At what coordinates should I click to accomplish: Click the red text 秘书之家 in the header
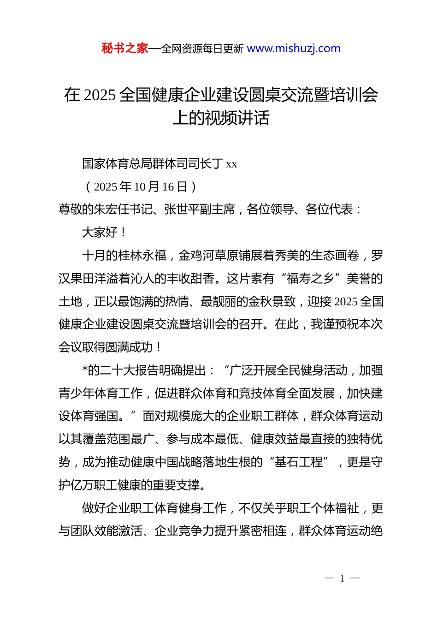click(x=125, y=48)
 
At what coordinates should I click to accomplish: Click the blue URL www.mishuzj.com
click(x=294, y=48)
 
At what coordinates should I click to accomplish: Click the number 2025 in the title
click(x=100, y=95)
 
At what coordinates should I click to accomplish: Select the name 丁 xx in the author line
click(x=225, y=164)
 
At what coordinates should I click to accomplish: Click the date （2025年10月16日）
click(x=141, y=187)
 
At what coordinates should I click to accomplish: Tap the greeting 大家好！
click(x=104, y=232)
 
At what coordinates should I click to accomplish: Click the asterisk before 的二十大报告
click(x=85, y=370)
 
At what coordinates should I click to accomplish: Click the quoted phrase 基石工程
click(x=299, y=462)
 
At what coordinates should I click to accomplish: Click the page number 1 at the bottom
click(x=342, y=578)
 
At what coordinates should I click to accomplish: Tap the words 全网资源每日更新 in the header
click(x=202, y=49)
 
